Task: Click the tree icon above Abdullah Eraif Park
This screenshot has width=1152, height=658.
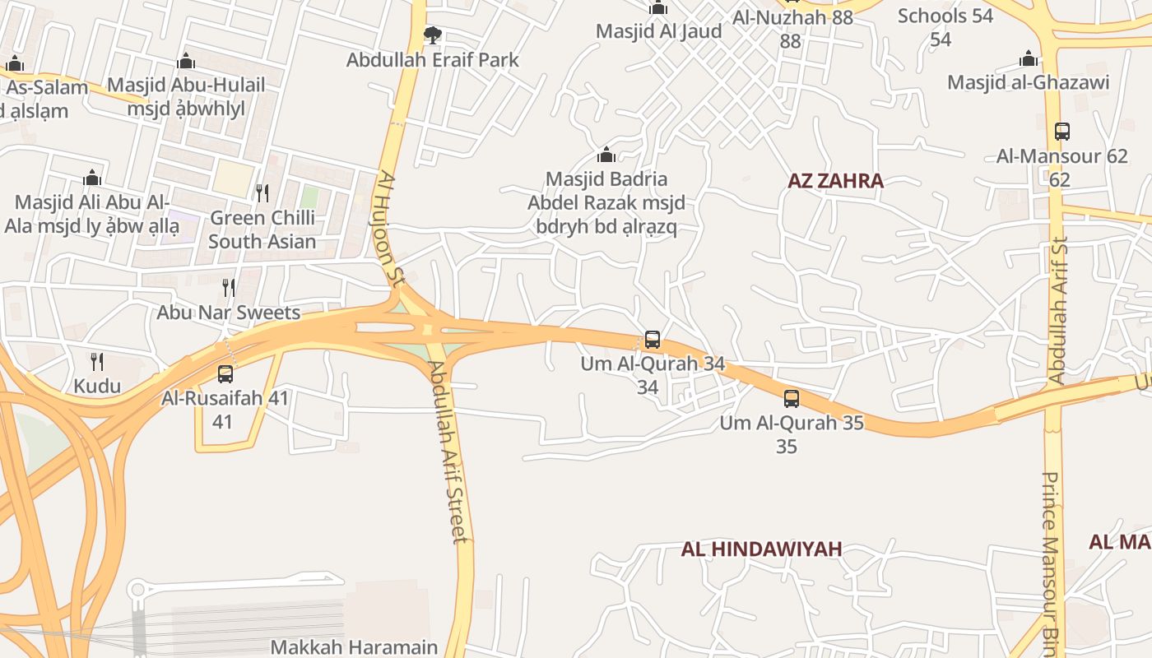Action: tap(432, 35)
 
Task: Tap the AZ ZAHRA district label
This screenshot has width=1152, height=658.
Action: tap(835, 181)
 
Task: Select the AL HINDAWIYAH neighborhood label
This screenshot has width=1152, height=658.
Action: tap(761, 549)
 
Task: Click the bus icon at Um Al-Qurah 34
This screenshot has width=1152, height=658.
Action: tap(652, 339)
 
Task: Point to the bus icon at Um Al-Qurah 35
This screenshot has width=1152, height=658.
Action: tap(791, 399)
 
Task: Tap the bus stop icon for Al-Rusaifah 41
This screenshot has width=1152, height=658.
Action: tap(225, 374)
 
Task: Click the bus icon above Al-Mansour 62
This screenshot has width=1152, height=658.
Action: tap(1061, 131)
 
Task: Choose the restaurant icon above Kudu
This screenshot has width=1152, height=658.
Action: tap(96, 361)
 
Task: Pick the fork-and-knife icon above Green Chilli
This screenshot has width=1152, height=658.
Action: tap(262, 193)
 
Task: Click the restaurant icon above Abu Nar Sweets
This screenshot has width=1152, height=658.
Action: tap(229, 288)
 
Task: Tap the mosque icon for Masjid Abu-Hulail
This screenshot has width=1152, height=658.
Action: tap(186, 61)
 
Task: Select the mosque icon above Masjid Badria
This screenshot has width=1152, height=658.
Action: tap(606, 155)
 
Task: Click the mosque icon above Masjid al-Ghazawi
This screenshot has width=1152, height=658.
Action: tap(1028, 58)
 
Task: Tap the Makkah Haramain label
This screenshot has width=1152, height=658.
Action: tap(354, 647)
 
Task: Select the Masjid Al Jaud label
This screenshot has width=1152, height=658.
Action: tap(658, 31)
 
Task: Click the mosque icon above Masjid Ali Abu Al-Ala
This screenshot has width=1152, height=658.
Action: tap(92, 178)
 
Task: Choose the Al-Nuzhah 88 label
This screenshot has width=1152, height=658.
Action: tap(792, 17)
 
